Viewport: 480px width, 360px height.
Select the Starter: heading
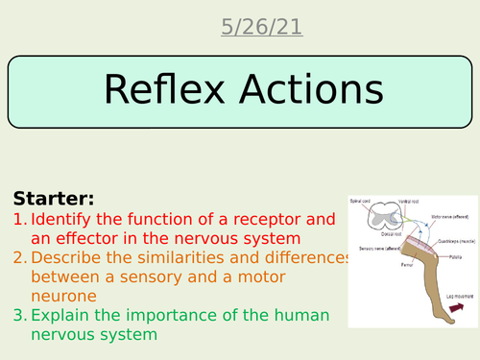(x=54, y=199)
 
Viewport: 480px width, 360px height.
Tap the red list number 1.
(x=19, y=220)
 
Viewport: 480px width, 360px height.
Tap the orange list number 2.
(x=20, y=259)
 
